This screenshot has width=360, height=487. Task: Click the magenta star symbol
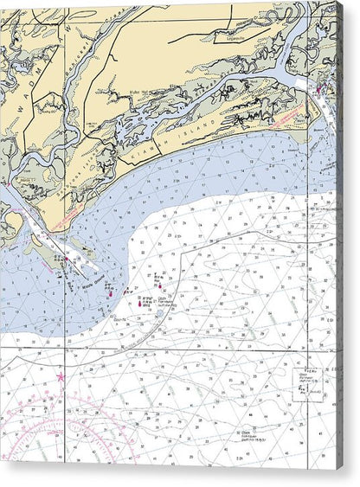(x=61, y=377)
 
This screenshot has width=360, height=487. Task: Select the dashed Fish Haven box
(x=302, y=387)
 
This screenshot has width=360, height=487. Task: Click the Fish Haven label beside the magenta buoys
(x=166, y=303)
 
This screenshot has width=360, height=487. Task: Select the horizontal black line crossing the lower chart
(x=173, y=348)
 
